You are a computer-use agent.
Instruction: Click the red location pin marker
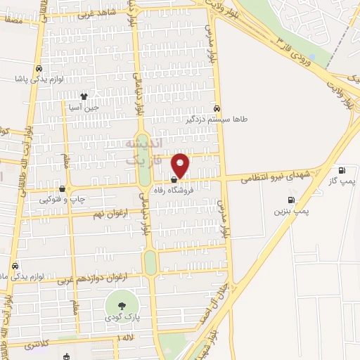tap(181, 165)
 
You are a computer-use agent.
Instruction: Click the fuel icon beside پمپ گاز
tap(342, 169)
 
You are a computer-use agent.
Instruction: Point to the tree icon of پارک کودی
tap(122, 305)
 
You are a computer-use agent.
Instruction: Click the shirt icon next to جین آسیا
tap(84, 96)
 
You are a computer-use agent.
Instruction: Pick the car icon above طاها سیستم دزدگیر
tap(217, 108)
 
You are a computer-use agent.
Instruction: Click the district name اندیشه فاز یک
tap(143, 152)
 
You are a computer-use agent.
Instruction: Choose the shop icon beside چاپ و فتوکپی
tap(63, 188)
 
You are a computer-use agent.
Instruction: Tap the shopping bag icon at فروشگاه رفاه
tap(174, 180)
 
